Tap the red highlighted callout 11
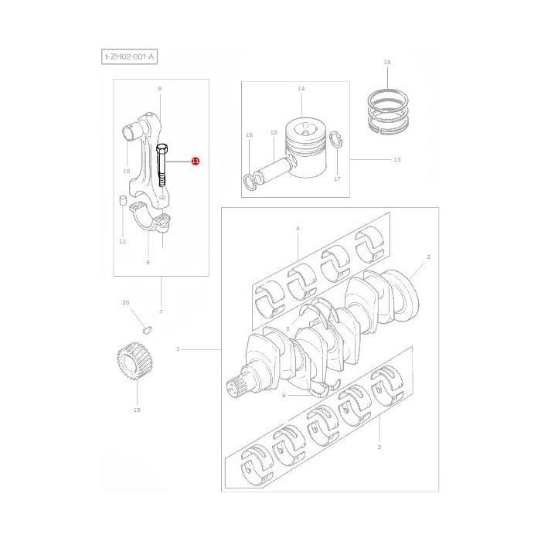[196, 162]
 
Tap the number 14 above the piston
[301, 89]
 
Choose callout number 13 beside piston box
[397, 159]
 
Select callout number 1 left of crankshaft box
[178, 349]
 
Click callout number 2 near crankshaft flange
[428, 256]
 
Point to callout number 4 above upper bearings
[298, 230]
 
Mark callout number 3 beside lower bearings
[379, 447]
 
